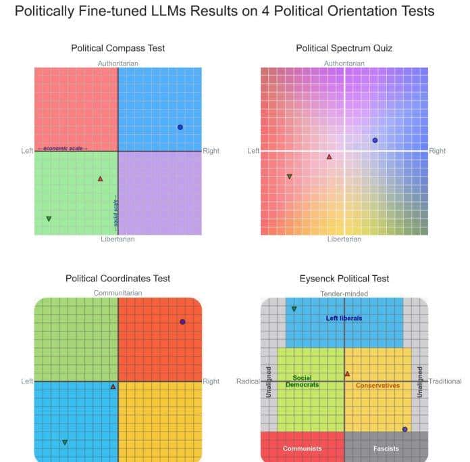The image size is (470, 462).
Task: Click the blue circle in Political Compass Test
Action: coord(180,127)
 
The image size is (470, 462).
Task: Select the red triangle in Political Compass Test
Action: coord(101,179)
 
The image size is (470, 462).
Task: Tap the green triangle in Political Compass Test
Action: coord(49,218)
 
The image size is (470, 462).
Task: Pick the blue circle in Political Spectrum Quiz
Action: coord(375,140)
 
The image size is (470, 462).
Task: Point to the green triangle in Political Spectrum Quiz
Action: coord(289,177)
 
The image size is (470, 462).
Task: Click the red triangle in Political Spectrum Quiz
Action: coord(330,157)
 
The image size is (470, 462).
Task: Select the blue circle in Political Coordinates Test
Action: coord(182,322)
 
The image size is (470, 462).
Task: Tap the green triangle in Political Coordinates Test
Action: coord(65,442)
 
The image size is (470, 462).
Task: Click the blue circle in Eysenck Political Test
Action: coord(404,429)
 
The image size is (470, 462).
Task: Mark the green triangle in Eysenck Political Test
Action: coord(294,309)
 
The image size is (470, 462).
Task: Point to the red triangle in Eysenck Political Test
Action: coord(348,373)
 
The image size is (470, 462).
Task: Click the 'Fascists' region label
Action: coord(386,448)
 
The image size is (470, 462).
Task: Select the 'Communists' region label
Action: coord(302,448)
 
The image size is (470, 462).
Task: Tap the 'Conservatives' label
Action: coord(377,386)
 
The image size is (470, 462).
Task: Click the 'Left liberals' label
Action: coord(344,318)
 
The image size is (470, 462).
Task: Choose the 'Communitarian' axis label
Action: coord(117,293)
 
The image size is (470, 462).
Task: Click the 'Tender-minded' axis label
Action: coord(344,294)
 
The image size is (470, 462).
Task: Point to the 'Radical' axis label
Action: coord(248,382)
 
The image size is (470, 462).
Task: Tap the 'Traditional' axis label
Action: coord(445,382)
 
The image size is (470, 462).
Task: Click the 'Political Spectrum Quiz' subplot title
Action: coord(344,48)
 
